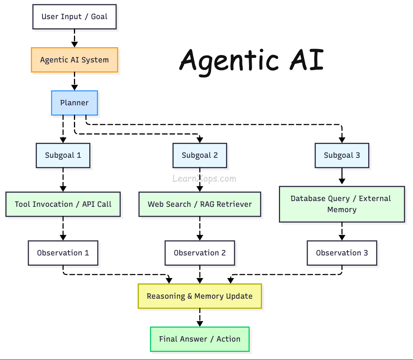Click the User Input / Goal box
click(x=74, y=17)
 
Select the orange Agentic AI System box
click(x=74, y=60)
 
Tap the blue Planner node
click(x=74, y=103)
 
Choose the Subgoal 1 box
click(x=63, y=155)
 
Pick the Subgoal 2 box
click(x=200, y=155)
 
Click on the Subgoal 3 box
click(x=342, y=155)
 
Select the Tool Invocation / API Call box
click(x=63, y=204)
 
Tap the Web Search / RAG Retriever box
click(x=200, y=204)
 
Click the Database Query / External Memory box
click(x=342, y=204)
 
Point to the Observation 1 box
click(x=63, y=253)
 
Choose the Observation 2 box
click(x=200, y=253)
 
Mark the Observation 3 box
click(x=342, y=253)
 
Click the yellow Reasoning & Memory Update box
click(x=200, y=296)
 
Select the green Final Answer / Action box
click(x=200, y=339)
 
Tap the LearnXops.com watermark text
click(x=204, y=178)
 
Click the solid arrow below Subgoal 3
click(x=342, y=177)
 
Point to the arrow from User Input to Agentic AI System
click(x=74, y=38)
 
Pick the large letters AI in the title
click(x=306, y=61)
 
